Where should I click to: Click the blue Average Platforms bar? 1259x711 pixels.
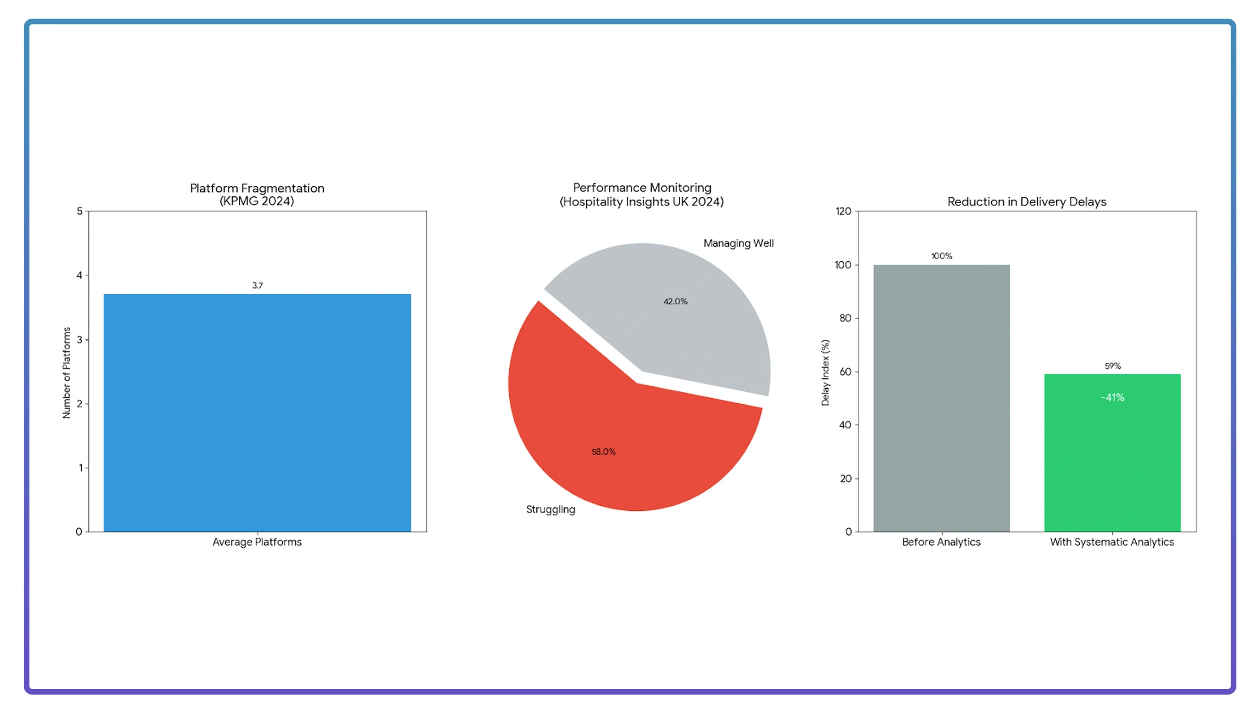(257, 413)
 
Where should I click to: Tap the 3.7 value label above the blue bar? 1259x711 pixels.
(257, 286)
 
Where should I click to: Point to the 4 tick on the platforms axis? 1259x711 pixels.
(79, 275)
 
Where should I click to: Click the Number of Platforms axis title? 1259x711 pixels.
(66, 373)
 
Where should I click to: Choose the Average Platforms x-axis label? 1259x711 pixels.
(257, 542)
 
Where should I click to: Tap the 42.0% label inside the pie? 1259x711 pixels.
(676, 301)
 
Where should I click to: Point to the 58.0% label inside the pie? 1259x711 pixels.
(604, 452)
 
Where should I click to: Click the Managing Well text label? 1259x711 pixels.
(738, 243)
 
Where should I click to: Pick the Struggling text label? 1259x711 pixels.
(551, 510)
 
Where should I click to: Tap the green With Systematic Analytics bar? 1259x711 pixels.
(1112, 464)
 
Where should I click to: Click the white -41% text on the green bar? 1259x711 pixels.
(1112, 398)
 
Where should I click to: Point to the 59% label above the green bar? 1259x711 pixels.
(1112, 366)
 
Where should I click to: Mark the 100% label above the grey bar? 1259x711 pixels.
(942, 256)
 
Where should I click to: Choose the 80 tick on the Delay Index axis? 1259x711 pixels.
(845, 318)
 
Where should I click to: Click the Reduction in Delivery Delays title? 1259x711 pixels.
(1026, 202)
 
